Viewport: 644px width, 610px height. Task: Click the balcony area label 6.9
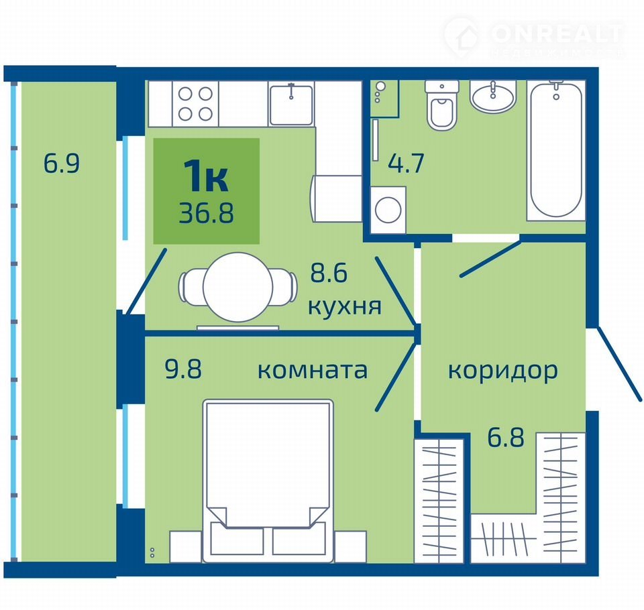[x=62, y=164]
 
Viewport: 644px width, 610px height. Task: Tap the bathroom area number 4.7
[x=406, y=163]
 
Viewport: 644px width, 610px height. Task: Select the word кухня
[x=345, y=306]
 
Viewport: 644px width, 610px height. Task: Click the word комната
[x=313, y=370]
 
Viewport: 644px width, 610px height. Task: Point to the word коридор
[x=502, y=371]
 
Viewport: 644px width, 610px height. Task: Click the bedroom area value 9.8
[x=183, y=369]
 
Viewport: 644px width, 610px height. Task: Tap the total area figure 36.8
[x=206, y=212]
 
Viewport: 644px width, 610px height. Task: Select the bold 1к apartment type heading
[x=206, y=176]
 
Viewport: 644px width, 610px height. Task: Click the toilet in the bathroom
[x=442, y=106]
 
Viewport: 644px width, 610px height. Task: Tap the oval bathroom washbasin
[x=492, y=96]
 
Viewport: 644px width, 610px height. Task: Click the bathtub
[x=555, y=151]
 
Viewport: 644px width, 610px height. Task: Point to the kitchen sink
[x=290, y=104]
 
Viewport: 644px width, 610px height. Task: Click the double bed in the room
[x=268, y=480]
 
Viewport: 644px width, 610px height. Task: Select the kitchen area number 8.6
[x=329, y=273]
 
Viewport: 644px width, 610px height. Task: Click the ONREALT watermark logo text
[x=557, y=34]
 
